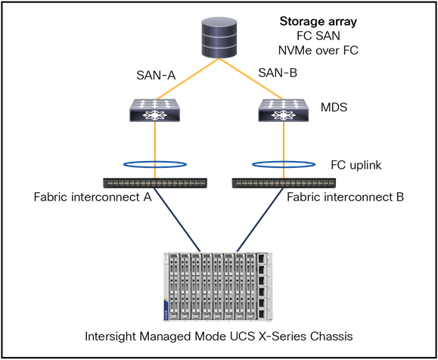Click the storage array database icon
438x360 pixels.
pos(218,34)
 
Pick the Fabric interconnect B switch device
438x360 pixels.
pos(283,182)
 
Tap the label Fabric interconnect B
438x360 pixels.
pos(345,197)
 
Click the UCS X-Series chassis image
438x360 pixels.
pos(219,287)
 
